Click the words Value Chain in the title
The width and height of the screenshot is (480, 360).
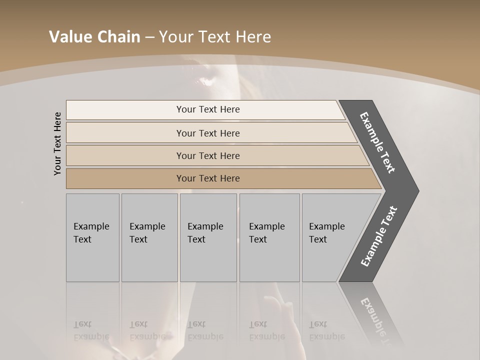point(94,37)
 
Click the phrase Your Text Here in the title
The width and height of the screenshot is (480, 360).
point(215,37)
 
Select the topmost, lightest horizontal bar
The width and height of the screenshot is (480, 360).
point(207,109)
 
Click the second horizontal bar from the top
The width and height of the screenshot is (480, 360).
point(207,133)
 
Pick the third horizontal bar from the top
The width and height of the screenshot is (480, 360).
point(207,155)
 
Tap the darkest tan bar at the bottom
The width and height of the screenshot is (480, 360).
point(207,178)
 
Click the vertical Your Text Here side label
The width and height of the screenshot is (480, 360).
point(57,143)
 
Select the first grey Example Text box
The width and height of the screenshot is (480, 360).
point(92,237)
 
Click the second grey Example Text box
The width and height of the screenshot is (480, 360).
point(149,237)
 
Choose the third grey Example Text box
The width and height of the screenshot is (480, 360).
point(208,237)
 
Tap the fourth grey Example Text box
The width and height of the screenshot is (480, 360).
point(269,237)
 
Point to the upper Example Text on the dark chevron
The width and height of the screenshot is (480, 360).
point(377,142)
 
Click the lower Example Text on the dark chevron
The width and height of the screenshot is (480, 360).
point(379,236)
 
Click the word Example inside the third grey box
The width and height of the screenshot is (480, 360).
point(205,226)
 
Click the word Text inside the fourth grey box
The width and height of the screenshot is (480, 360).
point(258,239)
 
